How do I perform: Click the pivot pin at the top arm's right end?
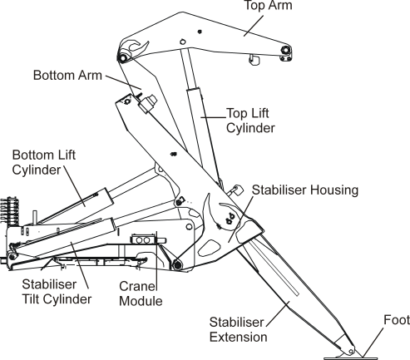pyautogui.click(x=285, y=52)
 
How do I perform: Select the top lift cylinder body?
pyautogui.click(x=196, y=125)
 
